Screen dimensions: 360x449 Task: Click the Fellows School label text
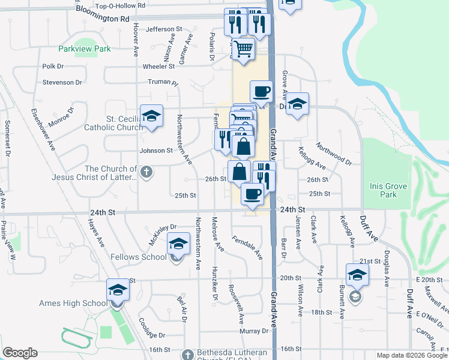[139, 257]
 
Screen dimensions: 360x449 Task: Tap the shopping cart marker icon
[244, 48]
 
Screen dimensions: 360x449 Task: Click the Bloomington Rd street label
[103, 19]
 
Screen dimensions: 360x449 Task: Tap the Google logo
[20, 353]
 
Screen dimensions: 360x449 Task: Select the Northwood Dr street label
[334, 154]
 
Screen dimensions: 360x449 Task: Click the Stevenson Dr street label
[61, 82]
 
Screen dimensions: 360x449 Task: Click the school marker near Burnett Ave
[357, 275]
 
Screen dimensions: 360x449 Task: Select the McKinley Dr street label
[163, 233]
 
